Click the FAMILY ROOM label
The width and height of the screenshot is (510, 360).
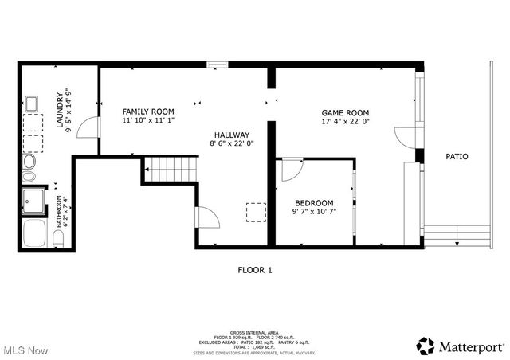coord(147,111)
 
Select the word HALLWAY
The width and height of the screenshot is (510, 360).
coord(231,135)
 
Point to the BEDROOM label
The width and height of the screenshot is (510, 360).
coord(314,203)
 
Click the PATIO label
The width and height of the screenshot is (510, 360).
coord(457,157)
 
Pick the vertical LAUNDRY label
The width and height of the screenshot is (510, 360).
coord(59,110)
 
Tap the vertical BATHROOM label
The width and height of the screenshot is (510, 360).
coord(59,212)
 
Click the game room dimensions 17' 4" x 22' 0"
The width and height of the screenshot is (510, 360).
coord(345,123)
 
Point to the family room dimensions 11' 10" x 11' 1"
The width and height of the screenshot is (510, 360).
coord(147,120)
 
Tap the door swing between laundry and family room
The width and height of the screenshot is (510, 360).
coord(92,127)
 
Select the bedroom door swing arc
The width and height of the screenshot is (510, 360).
coord(291,169)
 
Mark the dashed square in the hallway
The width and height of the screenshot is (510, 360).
coord(255,213)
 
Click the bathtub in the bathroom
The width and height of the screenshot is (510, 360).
coord(35,233)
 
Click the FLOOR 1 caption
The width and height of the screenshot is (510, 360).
coord(255,270)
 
